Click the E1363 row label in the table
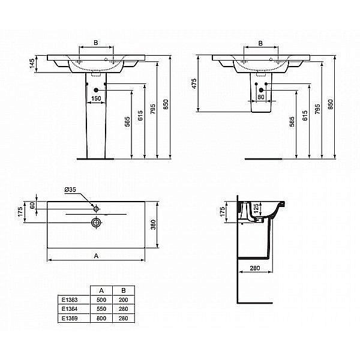click(70, 300)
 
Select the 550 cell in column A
click(101, 309)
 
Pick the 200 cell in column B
click(123, 300)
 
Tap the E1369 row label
click(70, 319)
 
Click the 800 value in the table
click(101, 319)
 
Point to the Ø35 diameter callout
click(70, 190)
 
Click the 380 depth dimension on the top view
click(153, 224)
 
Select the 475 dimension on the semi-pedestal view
click(194, 83)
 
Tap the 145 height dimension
click(32, 64)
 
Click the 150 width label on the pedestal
click(96, 98)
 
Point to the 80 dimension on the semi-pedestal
click(261, 97)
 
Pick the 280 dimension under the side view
click(255, 268)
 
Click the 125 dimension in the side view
click(256, 207)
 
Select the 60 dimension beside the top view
click(32, 205)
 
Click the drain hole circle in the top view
click(96, 222)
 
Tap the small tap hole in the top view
click(96, 209)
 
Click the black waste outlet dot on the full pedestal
click(96, 90)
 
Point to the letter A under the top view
click(96, 256)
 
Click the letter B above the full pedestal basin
click(96, 43)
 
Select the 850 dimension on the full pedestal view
click(166, 104)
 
